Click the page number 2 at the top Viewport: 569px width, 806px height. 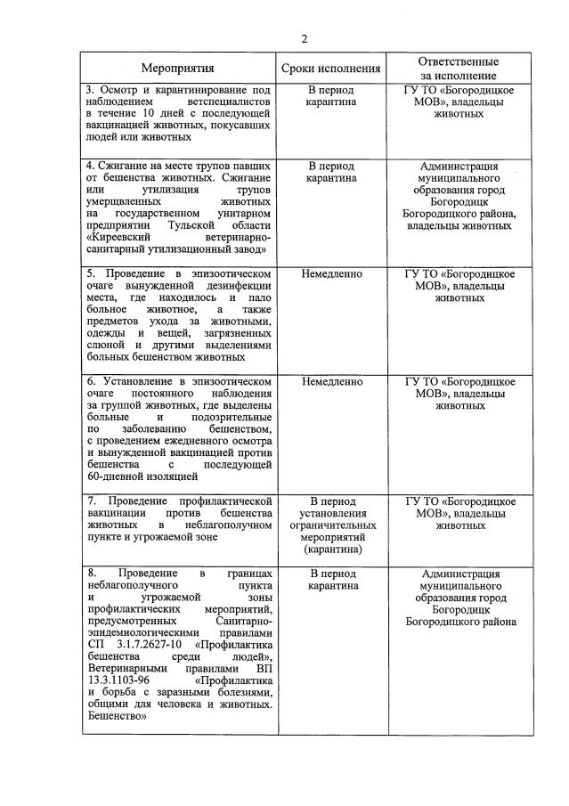(x=304, y=39)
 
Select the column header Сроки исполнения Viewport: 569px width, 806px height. (x=331, y=68)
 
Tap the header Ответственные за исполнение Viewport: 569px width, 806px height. (x=459, y=68)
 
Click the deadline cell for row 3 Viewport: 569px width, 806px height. (x=331, y=96)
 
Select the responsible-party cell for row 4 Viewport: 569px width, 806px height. (x=459, y=195)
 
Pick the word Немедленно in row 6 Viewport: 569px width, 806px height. (x=331, y=381)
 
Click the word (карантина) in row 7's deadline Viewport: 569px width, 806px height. (x=331, y=550)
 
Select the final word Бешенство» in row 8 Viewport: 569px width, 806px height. (x=117, y=715)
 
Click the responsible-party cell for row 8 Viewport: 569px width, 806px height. (x=459, y=598)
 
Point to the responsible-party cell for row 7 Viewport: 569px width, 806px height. (x=459, y=513)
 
